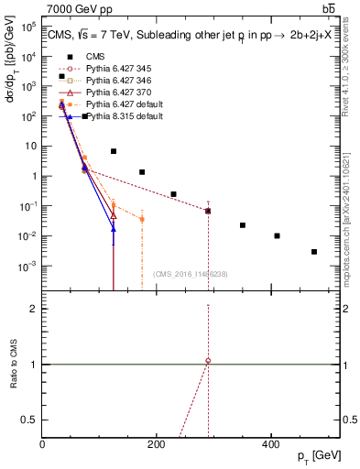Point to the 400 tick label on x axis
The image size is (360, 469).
click(270, 445)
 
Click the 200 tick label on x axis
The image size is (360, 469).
click(157, 445)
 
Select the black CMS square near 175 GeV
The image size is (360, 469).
click(142, 172)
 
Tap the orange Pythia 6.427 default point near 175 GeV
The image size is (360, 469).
click(142, 220)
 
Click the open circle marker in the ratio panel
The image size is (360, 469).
click(208, 361)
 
